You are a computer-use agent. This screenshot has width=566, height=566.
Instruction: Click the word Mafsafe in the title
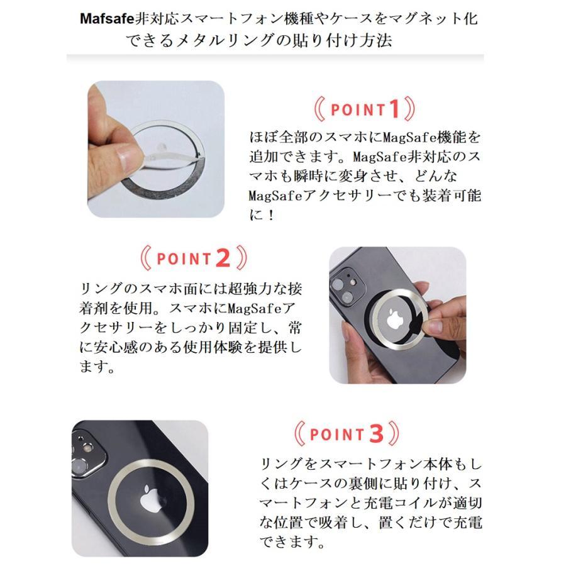[108, 18]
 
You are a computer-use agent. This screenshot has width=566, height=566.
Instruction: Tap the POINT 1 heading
[365, 110]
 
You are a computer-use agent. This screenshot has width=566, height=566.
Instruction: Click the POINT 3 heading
[347, 434]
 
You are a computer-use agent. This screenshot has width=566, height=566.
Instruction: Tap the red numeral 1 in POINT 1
[394, 110]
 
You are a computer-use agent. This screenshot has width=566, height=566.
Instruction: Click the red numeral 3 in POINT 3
[376, 434]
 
